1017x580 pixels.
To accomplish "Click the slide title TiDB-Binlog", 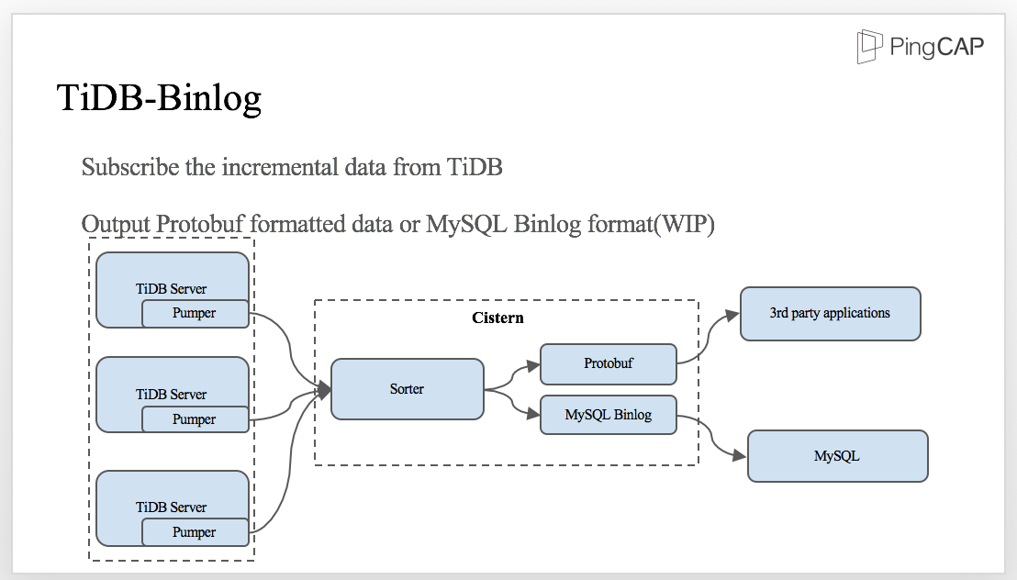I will [159, 97].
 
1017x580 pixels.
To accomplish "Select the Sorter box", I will [407, 389].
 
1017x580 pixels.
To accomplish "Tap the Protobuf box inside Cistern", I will [608, 363].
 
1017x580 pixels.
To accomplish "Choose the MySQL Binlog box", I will [608, 415].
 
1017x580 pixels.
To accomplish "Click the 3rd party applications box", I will [830, 314].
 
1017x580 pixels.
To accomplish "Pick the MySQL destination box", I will [837, 456].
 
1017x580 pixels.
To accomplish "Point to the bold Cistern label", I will [497, 318].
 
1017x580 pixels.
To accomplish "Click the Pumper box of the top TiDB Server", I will [195, 313].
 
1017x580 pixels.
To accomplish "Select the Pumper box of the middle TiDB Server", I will [195, 419].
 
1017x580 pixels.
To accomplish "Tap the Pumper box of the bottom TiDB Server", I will [195, 532].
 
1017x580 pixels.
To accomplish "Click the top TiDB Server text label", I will [172, 288].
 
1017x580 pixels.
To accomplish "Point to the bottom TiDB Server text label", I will [172, 507].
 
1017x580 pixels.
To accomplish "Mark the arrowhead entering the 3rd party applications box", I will [732, 315].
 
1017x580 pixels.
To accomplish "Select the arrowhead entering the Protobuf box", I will [533, 365].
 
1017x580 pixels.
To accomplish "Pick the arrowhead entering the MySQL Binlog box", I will [533, 415].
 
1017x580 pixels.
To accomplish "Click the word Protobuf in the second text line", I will [201, 225].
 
